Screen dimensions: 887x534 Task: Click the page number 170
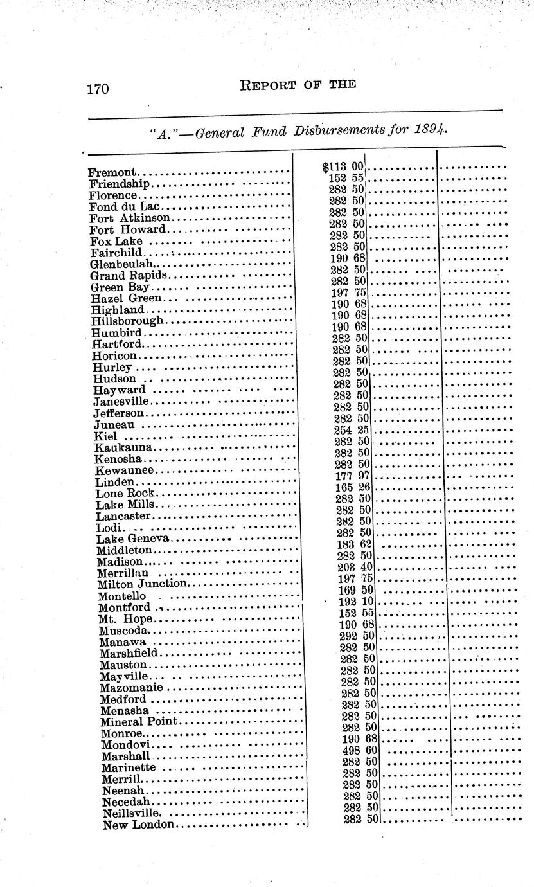pos(98,89)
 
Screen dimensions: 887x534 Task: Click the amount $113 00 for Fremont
pos(343,166)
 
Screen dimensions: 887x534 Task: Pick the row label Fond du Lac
pos(126,206)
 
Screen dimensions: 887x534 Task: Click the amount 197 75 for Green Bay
pos(348,292)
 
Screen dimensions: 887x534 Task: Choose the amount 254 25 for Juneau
pos(352,430)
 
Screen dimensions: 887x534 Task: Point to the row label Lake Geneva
pos(132,539)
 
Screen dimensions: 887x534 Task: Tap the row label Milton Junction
pos(142,584)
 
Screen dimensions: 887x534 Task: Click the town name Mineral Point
pos(139,721)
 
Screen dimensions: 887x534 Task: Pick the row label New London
pos(138,825)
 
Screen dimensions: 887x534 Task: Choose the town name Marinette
pos(129,767)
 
